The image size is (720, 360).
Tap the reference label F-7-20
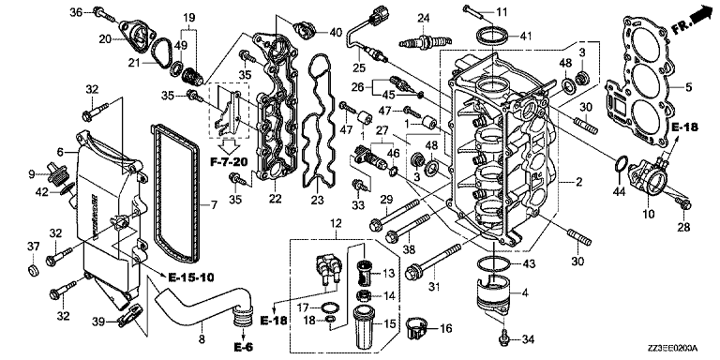[229, 161]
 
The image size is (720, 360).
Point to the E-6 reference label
[244, 347]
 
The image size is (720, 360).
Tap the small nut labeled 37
[33, 270]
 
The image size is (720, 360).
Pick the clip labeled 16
[417, 328]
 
